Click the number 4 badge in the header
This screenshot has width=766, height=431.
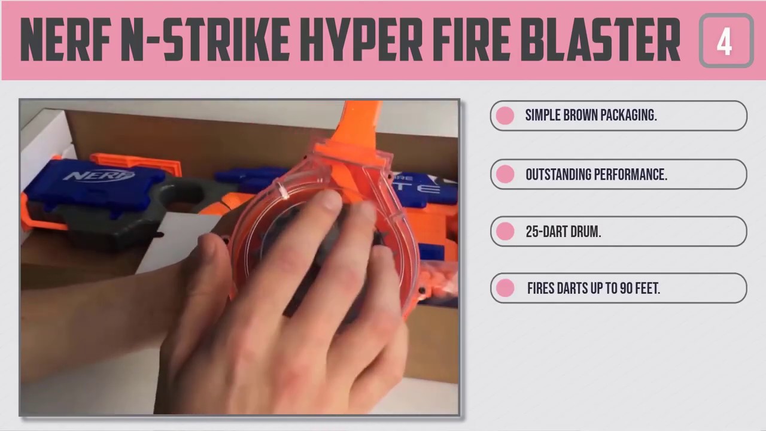[725, 41]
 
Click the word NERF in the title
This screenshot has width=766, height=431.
[66, 41]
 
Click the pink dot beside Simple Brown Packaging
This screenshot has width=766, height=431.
[505, 116]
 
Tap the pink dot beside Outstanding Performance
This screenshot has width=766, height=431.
[505, 174]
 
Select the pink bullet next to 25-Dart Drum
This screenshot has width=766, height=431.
[505, 231]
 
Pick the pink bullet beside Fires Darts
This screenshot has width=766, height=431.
[505, 288]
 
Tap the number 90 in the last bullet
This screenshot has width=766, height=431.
[627, 289]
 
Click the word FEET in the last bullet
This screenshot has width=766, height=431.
[648, 289]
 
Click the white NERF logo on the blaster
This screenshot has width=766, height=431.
[99, 176]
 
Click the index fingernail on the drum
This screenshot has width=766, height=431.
[329, 201]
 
